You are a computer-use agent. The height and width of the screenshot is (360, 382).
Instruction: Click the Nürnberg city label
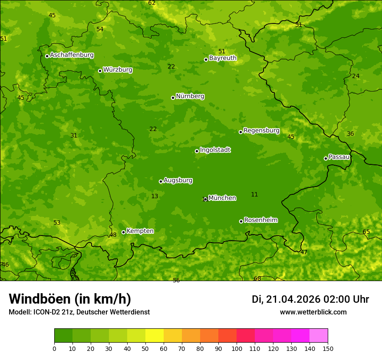[x=190, y=96]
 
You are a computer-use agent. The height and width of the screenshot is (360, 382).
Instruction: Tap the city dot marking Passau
[x=326, y=158]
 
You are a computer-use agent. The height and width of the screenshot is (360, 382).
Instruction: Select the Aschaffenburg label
[x=72, y=55]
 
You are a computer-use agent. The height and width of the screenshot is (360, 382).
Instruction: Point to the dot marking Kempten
[x=123, y=232]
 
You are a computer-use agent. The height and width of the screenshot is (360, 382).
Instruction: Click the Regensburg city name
[x=261, y=131]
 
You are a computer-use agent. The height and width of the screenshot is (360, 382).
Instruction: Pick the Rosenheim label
[x=260, y=220]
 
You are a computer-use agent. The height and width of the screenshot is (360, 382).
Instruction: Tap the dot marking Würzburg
[x=100, y=71]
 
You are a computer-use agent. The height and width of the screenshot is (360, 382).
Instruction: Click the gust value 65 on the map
[x=366, y=232]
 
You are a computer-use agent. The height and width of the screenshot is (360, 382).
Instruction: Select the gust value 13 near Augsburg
[x=155, y=196]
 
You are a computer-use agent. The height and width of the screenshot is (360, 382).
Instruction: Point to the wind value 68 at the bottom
[x=257, y=278]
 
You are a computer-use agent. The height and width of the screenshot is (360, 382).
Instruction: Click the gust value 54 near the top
[x=100, y=29]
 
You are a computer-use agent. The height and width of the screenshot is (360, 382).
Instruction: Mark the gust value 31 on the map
[x=74, y=136]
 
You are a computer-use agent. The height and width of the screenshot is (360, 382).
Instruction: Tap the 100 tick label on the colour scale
[x=237, y=348]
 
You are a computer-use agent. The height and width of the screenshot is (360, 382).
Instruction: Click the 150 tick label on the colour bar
[x=328, y=348]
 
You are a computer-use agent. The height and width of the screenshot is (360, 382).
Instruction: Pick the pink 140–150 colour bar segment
[x=319, y=335]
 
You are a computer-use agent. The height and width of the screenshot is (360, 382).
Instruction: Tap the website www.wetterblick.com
[x=313, y=312]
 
